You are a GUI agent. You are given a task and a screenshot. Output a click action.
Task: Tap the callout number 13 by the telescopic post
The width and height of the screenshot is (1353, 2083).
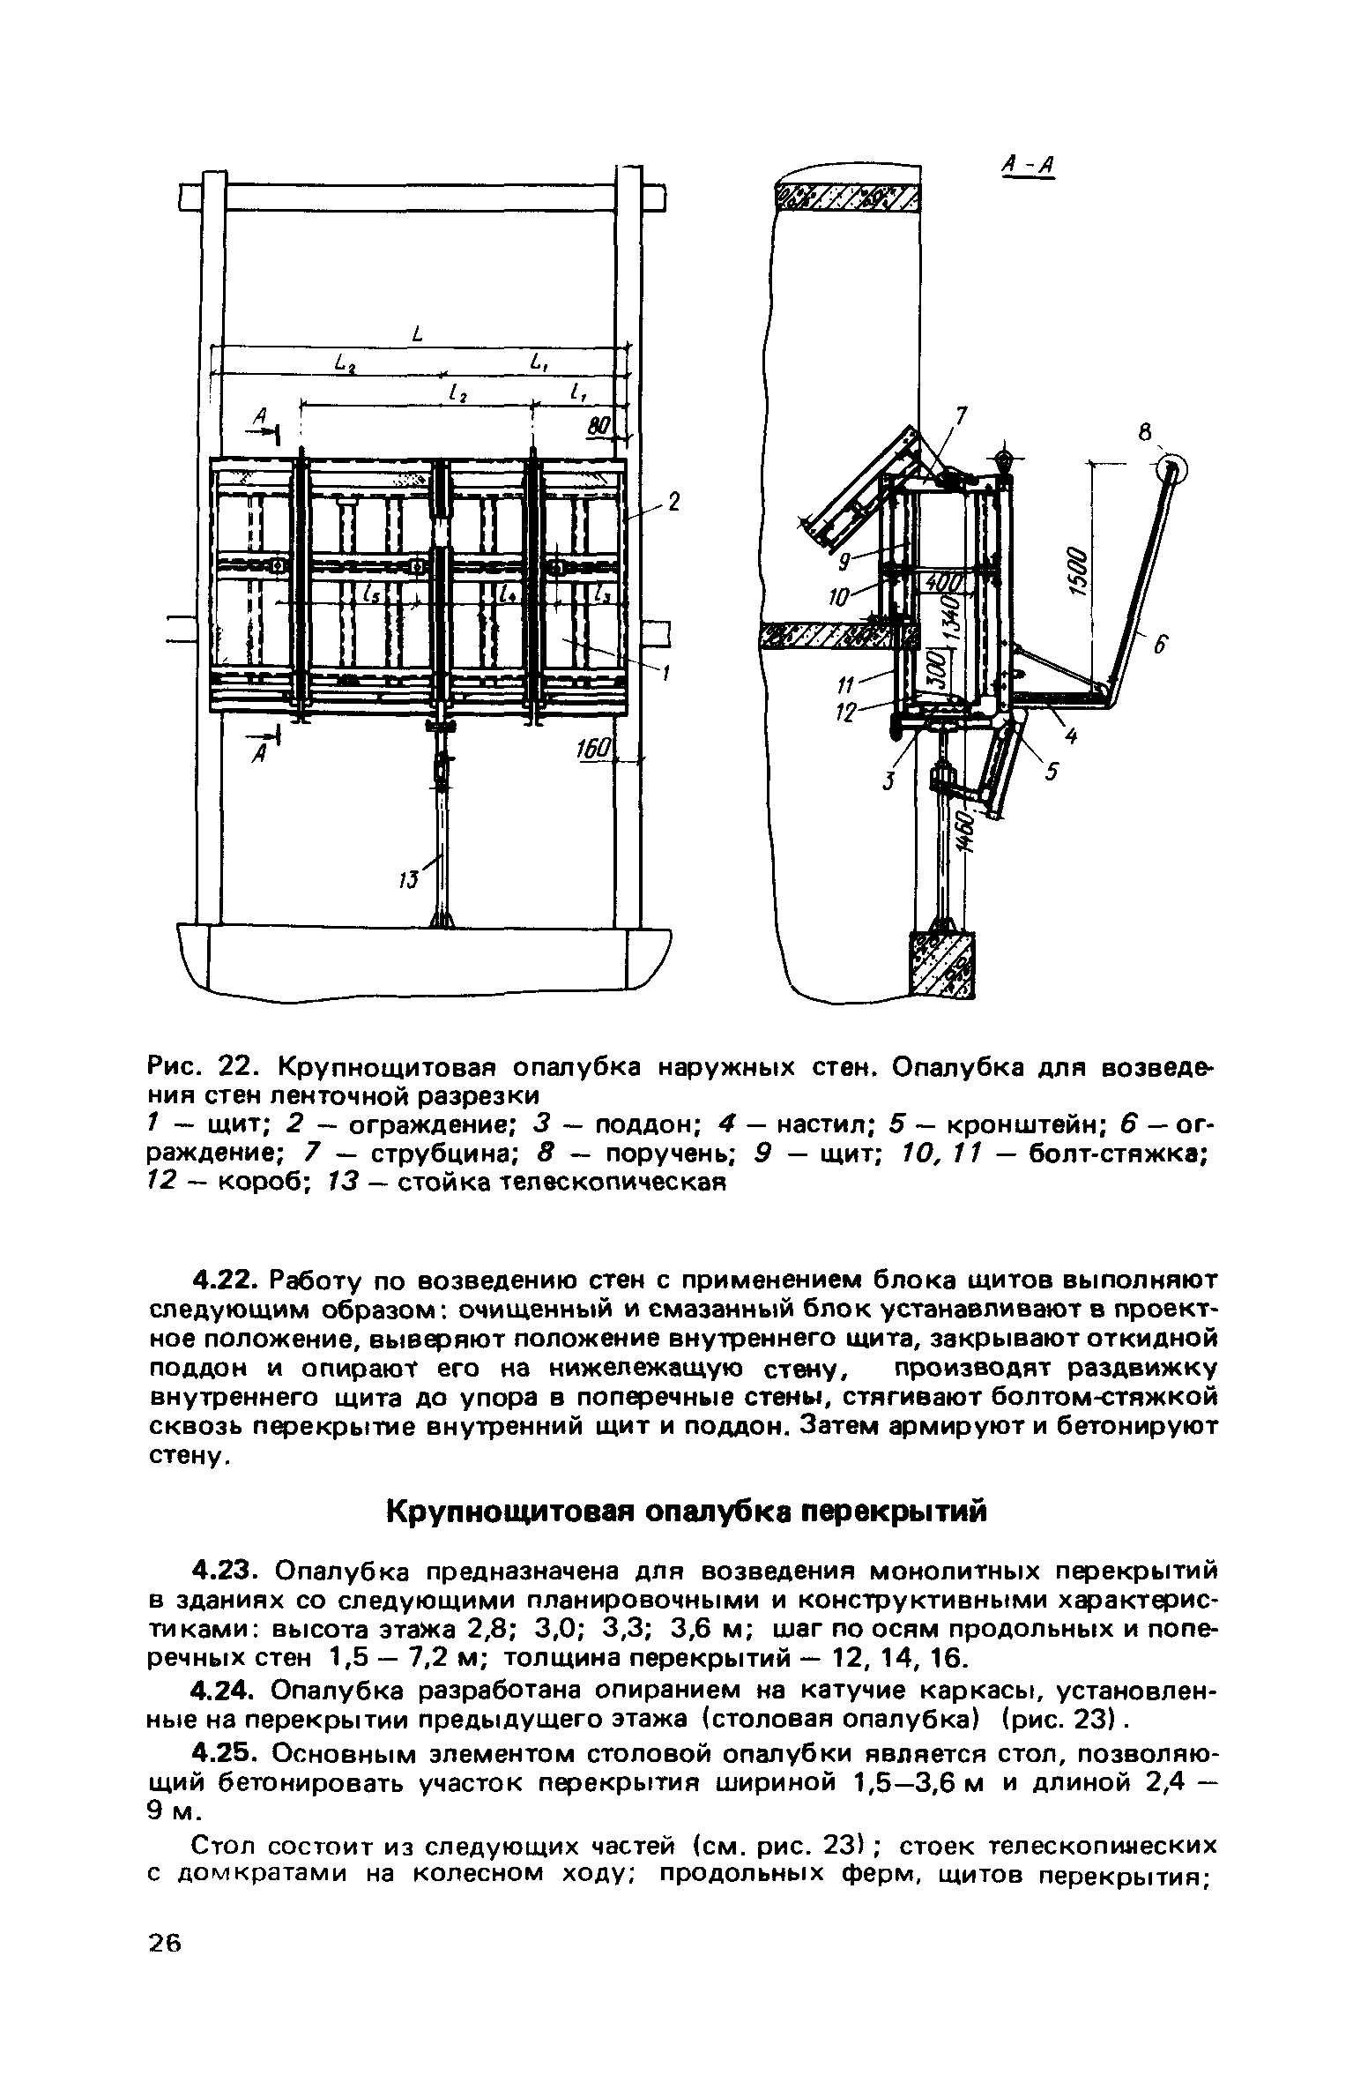(x=407, y=879)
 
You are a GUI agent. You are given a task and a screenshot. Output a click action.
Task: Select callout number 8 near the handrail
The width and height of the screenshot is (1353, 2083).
(x=1145, y=433)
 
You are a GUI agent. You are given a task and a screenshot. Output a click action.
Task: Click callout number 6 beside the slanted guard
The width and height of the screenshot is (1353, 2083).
(x=1161, y=647)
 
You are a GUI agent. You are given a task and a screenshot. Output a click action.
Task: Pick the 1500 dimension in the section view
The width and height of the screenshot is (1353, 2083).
(x=1081, y=573)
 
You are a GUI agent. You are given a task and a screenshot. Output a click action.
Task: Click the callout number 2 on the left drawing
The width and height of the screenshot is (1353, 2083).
(x=674, y=503)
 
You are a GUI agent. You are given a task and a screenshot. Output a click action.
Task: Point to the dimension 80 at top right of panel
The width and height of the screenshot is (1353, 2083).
(x=599, y=427)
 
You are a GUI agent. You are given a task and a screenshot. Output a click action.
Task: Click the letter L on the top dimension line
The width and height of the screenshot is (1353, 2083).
(x=417, y=333)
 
